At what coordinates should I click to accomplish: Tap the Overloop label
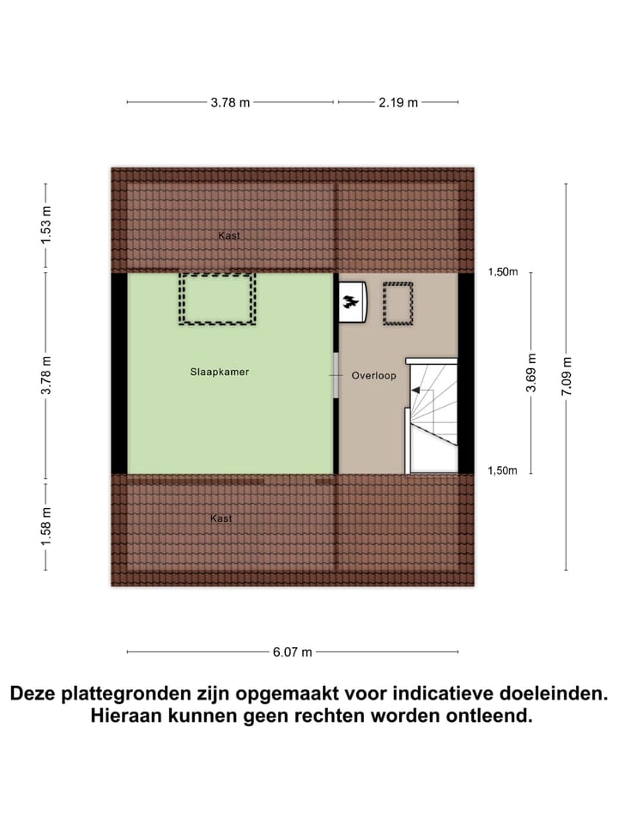tap(373, 376)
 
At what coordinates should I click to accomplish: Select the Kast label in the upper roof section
tap(229, 234)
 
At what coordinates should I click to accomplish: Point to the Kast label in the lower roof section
tap(221, 518)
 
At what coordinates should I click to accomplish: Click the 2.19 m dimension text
tap(398, 102)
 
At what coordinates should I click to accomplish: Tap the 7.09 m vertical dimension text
tap(566, 377)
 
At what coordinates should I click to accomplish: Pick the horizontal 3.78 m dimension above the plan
tap(230, 102)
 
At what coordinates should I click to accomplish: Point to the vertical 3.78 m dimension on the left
tap(46, 374)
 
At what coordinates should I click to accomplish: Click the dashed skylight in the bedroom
tap(217, 299)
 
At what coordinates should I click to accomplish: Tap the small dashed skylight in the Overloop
tap(398, 305)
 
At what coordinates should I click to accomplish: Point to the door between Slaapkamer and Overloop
tap(336, 375)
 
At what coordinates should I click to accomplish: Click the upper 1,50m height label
tap(503, 272)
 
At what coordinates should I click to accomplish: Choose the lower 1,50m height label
tap(503, 470)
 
